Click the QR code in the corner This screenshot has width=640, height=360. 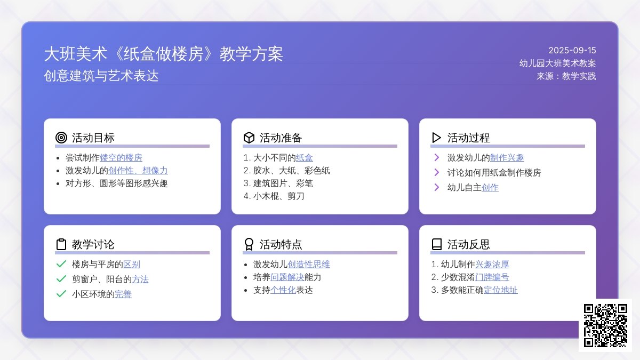pyautogui.click(x=605, y=325)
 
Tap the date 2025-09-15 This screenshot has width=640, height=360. pyautogui.click(x=572, y=51)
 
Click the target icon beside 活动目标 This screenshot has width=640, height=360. pyautogui.click(x=61, y=138)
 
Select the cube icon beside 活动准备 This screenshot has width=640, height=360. pyautogui.click(x=249, y=138)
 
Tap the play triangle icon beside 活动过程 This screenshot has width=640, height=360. pyautogui.click(x=436, y=138)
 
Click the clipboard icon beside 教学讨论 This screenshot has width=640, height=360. pyautogui.click(x=61, y=244)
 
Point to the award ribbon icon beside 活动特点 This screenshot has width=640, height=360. pyautogui.click(x=249, y=244)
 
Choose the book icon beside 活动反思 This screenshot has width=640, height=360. pyautogui.click(x=437, y=244)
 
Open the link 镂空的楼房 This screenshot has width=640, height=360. pyautogui.click(x=121, y=158)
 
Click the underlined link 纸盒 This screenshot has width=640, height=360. pyautogui.click(x=305, y=158)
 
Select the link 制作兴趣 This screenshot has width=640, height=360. pyautogui.click(x=507, y=158)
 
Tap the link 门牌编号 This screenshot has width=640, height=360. pyautogui.click(x=492, y=277)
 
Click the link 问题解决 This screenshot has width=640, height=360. pyautogui.click(x=287, y=277)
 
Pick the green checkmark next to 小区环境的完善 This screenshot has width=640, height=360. pyautogui.click(x=61, y=294)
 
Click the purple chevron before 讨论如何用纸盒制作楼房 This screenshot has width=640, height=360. pyautogui.click(x=437, y=172)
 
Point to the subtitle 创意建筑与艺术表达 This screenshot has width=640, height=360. pyautogui.click(x=101, y=76)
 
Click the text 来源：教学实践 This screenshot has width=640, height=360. pyautogui.click(x=566, y=76)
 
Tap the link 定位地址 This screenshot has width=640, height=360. pyautogui.click(x=501, y=290)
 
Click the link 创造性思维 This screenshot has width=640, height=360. pyautogui.click(x=309, y=265)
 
